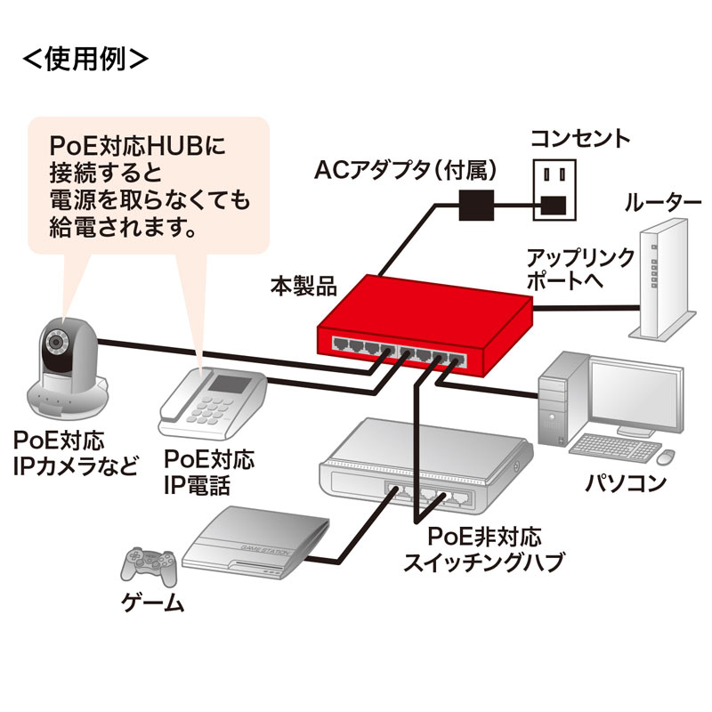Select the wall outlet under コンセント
click(554, 189)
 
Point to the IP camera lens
click(59, 344)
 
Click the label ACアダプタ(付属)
click(406, 168)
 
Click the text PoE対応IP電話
click(209, 473)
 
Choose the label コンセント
click(579, 138)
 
